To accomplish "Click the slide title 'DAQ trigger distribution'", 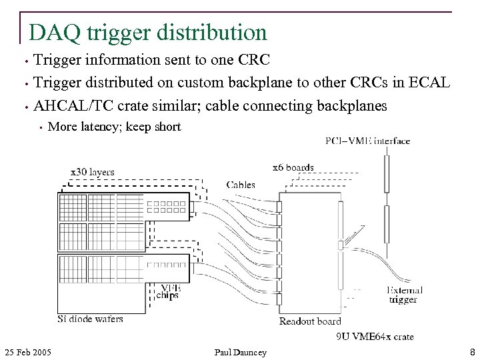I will pyautogui.click(x=147, y=31).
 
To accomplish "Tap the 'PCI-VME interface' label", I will pyautogui.click(x=367, y=141).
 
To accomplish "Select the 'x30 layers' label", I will pyautogui.click(x=92, y=172).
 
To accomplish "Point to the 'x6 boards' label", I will pyautogui.click(x=293, y=167).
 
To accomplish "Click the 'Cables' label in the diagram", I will pyautogui.click(x=241, y=185).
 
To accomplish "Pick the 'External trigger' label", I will pyautogui.click(x=404, y=295).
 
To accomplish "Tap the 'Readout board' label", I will pyautogui.click(x=310, y=321).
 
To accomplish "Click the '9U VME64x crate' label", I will pyautogui.click(x=375, y=337).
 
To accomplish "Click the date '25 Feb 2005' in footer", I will pyautogui.click(x=29, y=351).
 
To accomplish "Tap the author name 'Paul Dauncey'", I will pyautogui.click(x=240, y=351).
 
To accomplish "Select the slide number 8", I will pyautogui.click(x=472, y=351).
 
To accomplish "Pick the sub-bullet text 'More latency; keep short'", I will pyautogui.click(x=115, y=127).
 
